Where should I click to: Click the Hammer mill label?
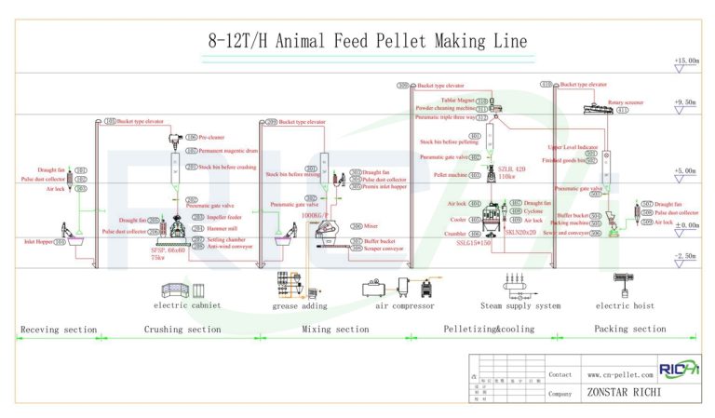[x=208, y=225]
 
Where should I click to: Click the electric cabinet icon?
[x=186, y=285]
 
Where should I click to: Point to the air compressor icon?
[x=404, y=285]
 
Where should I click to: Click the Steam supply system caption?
[x=519, y=305]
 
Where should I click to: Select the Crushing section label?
[x=182, y=329]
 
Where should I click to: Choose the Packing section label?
[x=629, y=329]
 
